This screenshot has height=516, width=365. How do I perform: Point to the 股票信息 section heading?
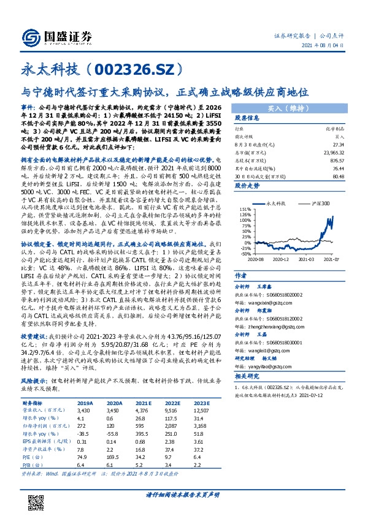(x=248, y=118)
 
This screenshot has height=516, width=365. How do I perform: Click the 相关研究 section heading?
(x=248, y=374)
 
